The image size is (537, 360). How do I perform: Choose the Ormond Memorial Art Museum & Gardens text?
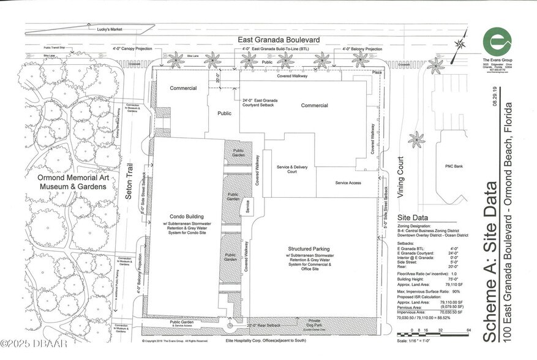pos(65,181)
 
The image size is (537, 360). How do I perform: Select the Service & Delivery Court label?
pos(291,169)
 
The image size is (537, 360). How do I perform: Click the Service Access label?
pos(347,183)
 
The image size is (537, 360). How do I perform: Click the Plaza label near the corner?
pos(377,72)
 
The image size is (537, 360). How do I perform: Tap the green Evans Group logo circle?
pos(497,42)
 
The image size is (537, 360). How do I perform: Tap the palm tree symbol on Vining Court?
pos(416,140)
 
